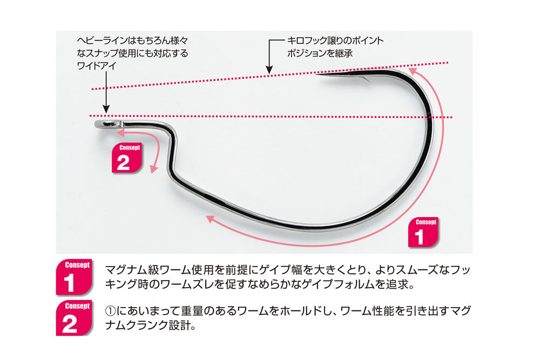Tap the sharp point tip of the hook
click(317, 73)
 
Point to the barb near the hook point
click(366, 79)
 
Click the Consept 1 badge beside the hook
click(423, 232)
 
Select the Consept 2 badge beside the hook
click(127, 158)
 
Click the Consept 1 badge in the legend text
click(73, 277)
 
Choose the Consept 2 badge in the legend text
click(73, 318)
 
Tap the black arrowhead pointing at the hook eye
click(106, 109)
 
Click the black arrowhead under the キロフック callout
click(269, 69)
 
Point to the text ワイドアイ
click(97, 66)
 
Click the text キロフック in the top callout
click(308, 40)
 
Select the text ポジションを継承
click(320, 53)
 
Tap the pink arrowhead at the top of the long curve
click(412, 72)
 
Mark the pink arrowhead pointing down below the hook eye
click(153, 169)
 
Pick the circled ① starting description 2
click(110, 311)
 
